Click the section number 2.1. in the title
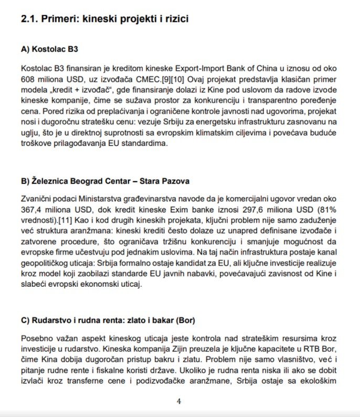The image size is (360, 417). pos(30,20)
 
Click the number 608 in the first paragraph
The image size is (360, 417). pos(28,78)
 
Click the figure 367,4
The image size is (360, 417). pos(31,210)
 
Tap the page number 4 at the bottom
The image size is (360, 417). pos(179,402)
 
